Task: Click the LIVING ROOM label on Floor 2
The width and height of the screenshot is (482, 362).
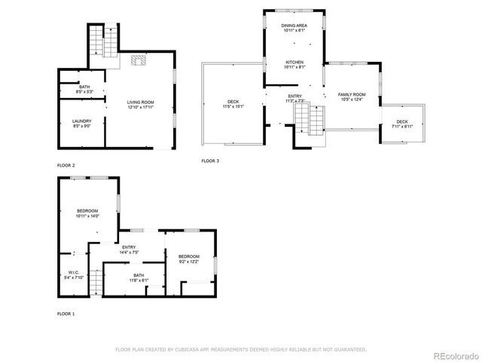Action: (140, 103)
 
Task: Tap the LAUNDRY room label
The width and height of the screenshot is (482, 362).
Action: (82, 123)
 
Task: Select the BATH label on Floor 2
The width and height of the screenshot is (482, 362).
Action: (84, 89)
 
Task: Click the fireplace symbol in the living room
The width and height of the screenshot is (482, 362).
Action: (139, 61)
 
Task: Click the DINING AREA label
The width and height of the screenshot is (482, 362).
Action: (294, 27)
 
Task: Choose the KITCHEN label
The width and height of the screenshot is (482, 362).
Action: (294, 63)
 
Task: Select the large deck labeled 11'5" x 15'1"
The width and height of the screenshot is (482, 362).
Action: (233, 104)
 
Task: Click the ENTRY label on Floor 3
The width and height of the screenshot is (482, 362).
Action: (294, 97)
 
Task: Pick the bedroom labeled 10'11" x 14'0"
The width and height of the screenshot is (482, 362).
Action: (88, 213)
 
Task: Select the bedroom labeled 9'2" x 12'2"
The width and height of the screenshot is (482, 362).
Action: (188, 259)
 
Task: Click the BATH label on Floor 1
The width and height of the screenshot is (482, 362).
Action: (139, 277)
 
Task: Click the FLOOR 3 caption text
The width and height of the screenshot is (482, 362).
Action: (211, 161)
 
